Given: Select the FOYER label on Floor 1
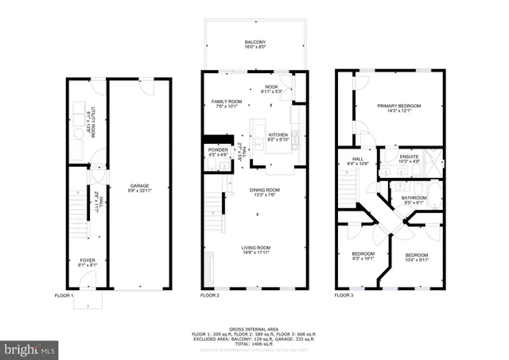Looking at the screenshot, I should [x=87, y=260].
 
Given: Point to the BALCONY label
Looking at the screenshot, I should [x=255, y=42].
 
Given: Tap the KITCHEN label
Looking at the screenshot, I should [x=278, y=135].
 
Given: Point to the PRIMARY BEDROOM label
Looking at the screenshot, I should [x=398, y=106].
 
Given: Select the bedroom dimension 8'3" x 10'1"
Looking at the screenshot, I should [x=362, y=258].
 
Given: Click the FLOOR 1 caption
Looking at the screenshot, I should [x=64, y=296].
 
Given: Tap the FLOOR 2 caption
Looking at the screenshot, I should [x=209, y=296].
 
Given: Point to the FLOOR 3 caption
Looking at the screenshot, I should [x=344, y=296].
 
